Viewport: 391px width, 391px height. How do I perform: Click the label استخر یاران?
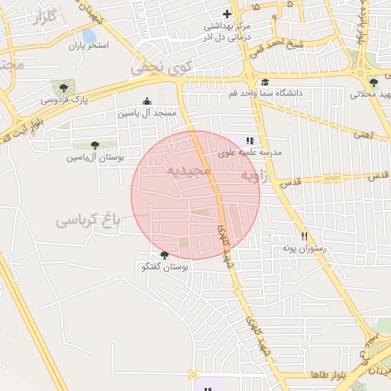point(89,47)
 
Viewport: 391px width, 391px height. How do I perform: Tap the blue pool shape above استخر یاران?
point(89,35)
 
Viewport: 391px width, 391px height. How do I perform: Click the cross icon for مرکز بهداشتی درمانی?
point(227,14)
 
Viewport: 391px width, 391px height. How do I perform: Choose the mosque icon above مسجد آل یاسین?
point(147,102)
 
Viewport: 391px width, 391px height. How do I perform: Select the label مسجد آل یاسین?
point(147,112)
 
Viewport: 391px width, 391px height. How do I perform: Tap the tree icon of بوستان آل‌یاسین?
point(95,145)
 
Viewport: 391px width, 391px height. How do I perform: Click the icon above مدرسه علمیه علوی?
point(250,141)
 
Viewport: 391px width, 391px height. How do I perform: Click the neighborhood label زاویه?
point(257,177)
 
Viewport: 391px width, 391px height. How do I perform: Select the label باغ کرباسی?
point(89,222)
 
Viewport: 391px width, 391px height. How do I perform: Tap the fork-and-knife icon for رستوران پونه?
point(304,236)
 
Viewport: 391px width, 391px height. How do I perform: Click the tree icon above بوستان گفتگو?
point(165,255)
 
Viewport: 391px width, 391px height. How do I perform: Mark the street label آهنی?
point(360,135)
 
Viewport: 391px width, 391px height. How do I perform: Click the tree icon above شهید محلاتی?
point(373,82)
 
